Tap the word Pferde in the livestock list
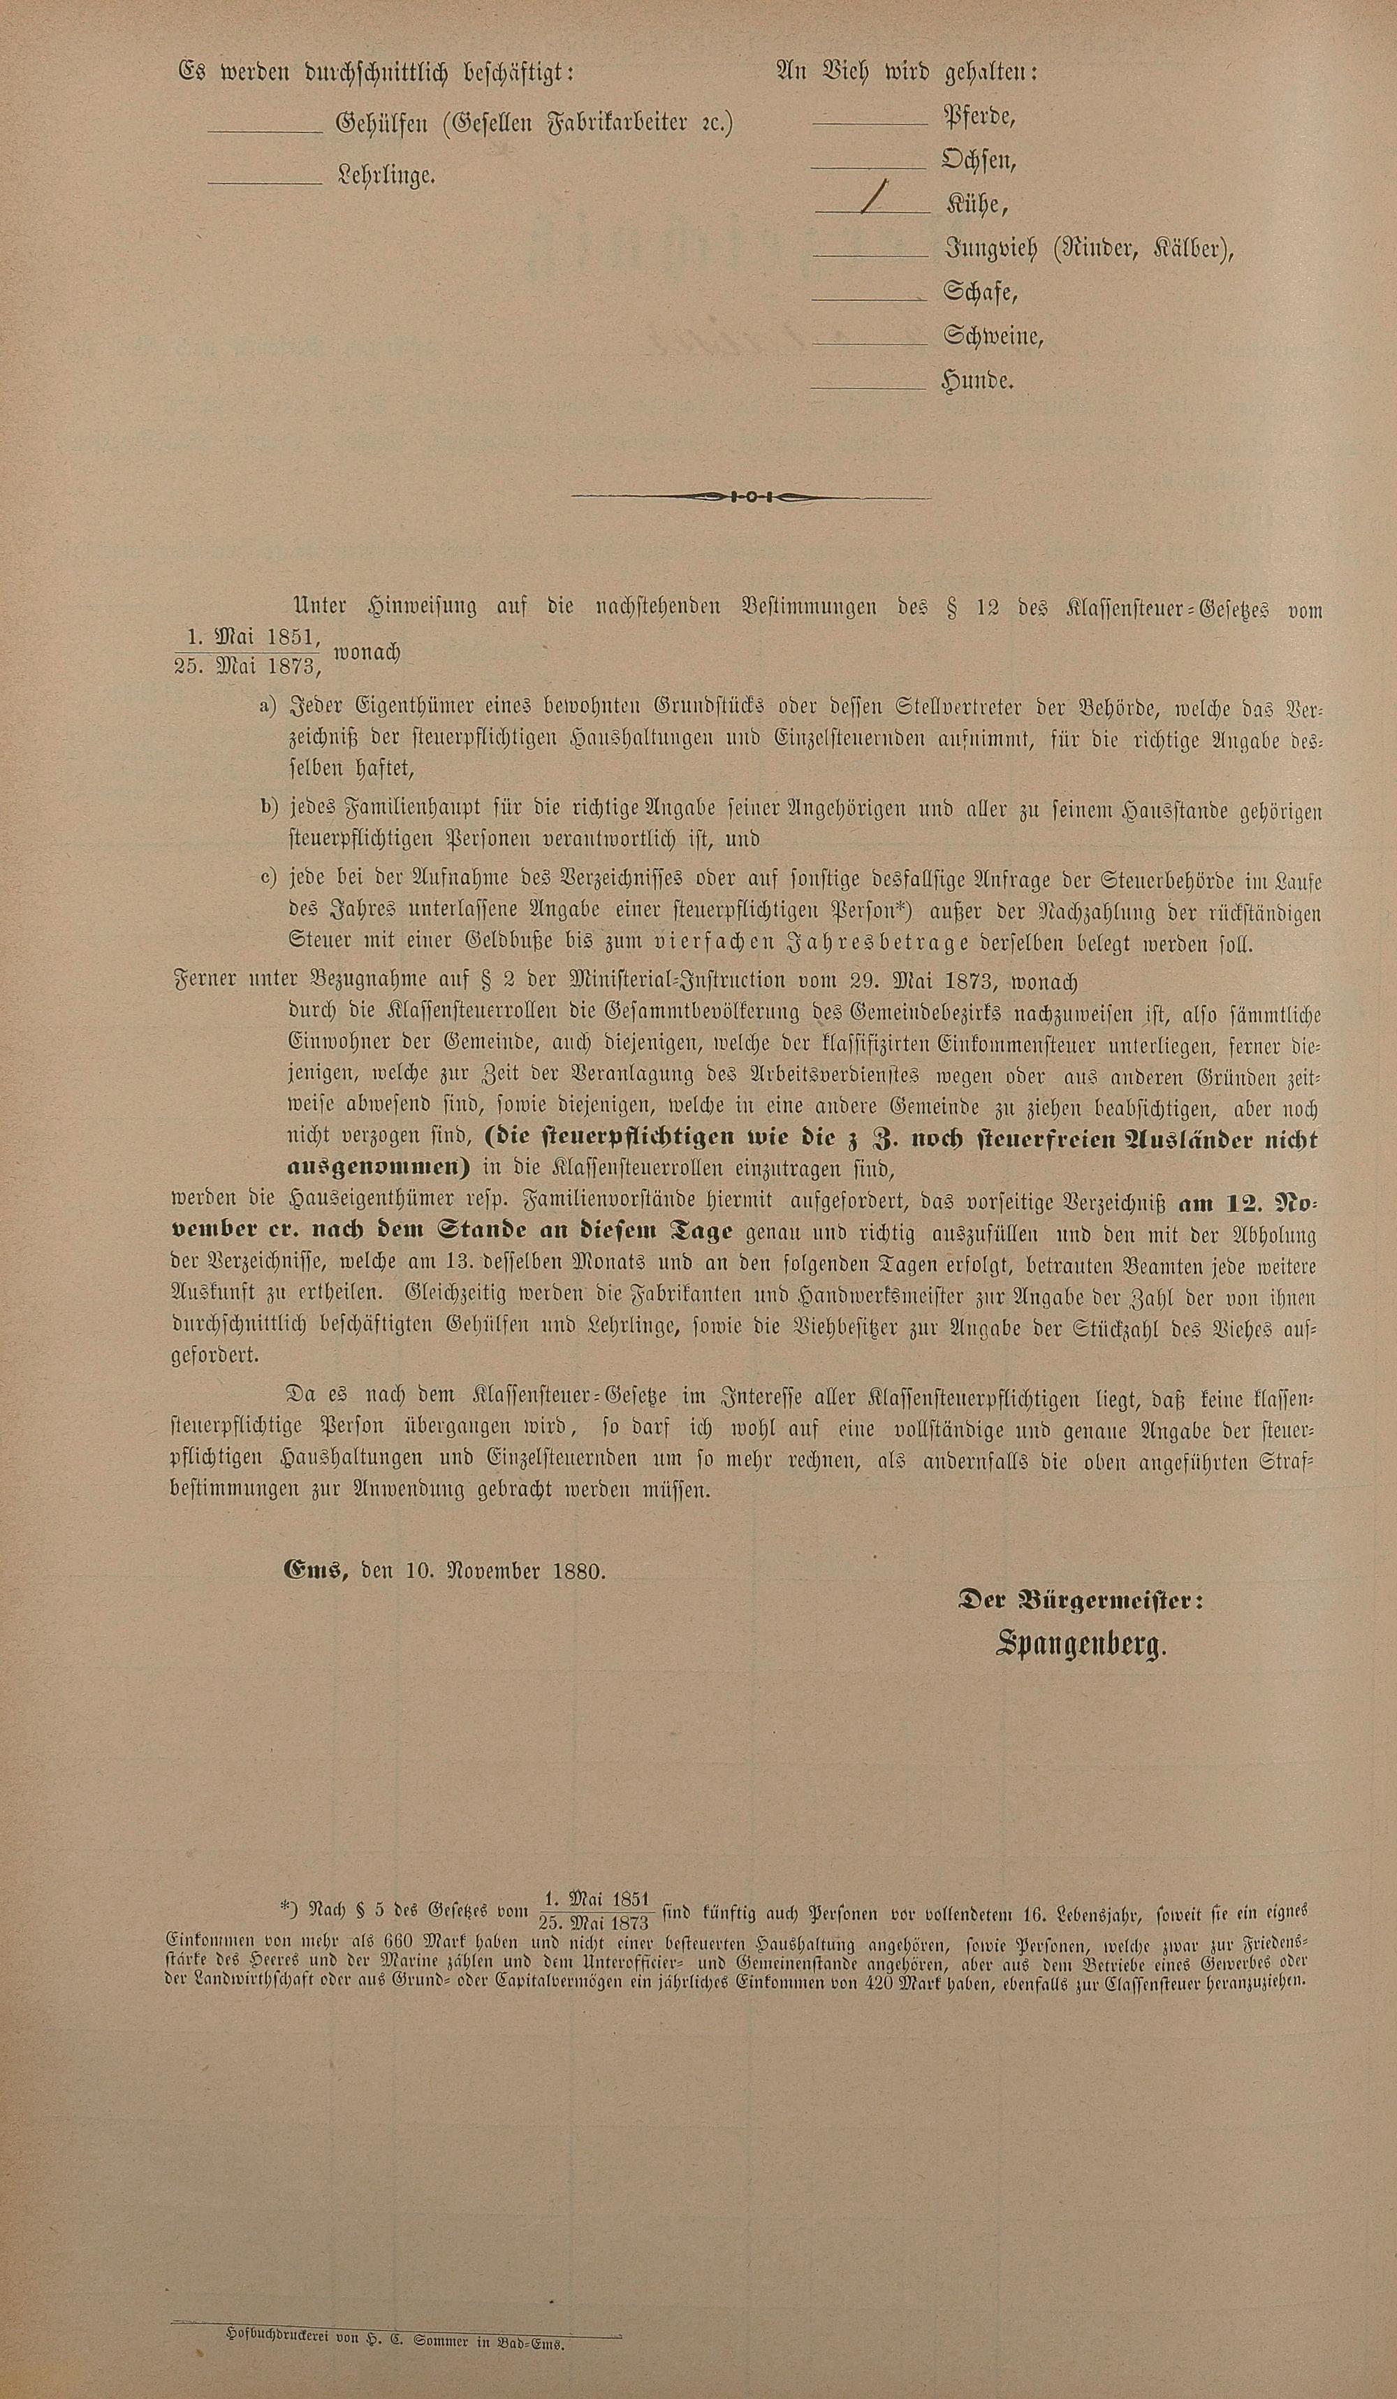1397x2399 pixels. point(979,118)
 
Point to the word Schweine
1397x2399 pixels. point(993,336)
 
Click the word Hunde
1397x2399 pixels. point(977,381)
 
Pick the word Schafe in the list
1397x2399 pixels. point(980,292)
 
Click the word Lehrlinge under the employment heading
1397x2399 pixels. point(386,176)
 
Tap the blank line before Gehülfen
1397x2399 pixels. point(265,131)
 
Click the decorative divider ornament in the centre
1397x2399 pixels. point(751,496)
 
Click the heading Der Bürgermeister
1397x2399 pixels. point(1079,1602)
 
